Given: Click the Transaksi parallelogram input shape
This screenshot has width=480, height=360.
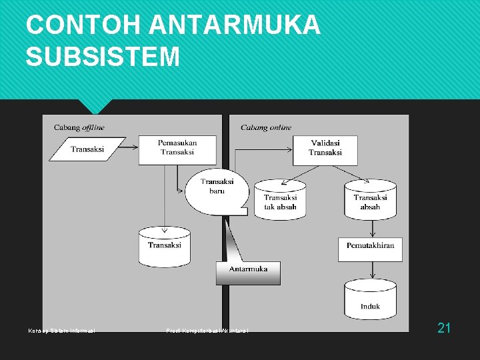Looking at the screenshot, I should coord(87,149).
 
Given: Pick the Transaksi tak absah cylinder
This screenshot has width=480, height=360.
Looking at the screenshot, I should coord(280,199).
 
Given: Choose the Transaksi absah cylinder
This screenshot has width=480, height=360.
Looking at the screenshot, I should coord(370,199).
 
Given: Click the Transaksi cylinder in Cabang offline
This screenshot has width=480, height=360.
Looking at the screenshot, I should coord(164,247).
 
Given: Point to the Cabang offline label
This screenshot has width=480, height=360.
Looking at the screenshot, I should coord(79,127).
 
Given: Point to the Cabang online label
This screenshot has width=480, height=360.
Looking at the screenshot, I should coord(266,127).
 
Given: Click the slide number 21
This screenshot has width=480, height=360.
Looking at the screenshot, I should coord(444,327).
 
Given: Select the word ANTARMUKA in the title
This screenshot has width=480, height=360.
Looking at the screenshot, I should coord(235,26).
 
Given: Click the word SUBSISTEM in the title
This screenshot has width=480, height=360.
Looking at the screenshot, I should coord(103,57).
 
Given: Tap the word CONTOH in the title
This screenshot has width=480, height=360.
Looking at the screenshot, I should coord(83,26).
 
